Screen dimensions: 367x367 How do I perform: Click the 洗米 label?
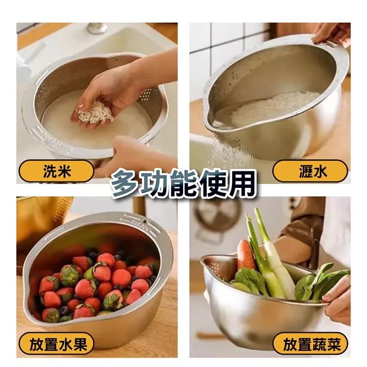pos(56,171)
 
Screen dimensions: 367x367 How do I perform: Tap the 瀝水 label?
pos(310,171)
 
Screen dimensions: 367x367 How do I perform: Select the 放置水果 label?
pos(56,344)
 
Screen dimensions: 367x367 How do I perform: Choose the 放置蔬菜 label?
pos(310,344)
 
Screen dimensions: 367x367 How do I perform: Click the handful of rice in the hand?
pos(95,114)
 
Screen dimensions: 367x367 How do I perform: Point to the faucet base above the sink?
pos(97,28)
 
